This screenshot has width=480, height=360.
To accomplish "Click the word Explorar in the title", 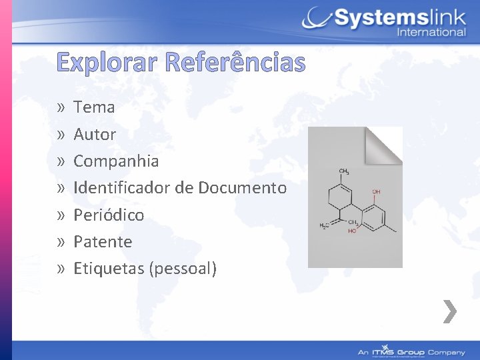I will [107, 63].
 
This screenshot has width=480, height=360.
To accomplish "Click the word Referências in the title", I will [234, 63].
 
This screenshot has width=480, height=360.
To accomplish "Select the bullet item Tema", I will [94, 107].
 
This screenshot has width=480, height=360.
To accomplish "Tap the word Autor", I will [95, 134].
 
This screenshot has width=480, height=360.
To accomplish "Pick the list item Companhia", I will [116, 161].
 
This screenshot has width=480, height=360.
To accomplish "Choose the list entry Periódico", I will [109, 215].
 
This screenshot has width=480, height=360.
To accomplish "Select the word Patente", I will [103, 241].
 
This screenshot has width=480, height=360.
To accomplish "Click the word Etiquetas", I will [109, 269].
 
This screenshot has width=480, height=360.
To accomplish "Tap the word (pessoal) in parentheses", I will [184, 269].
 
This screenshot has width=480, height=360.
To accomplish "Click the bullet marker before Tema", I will [61, 107].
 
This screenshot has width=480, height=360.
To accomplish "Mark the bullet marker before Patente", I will [61, 242].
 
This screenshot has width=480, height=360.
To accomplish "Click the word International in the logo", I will [431, 31].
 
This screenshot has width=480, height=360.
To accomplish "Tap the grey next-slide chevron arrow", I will [451, 311].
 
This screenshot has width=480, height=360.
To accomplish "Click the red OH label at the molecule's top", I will [377, 192].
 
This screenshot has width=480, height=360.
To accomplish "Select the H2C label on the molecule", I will [323, 226].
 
